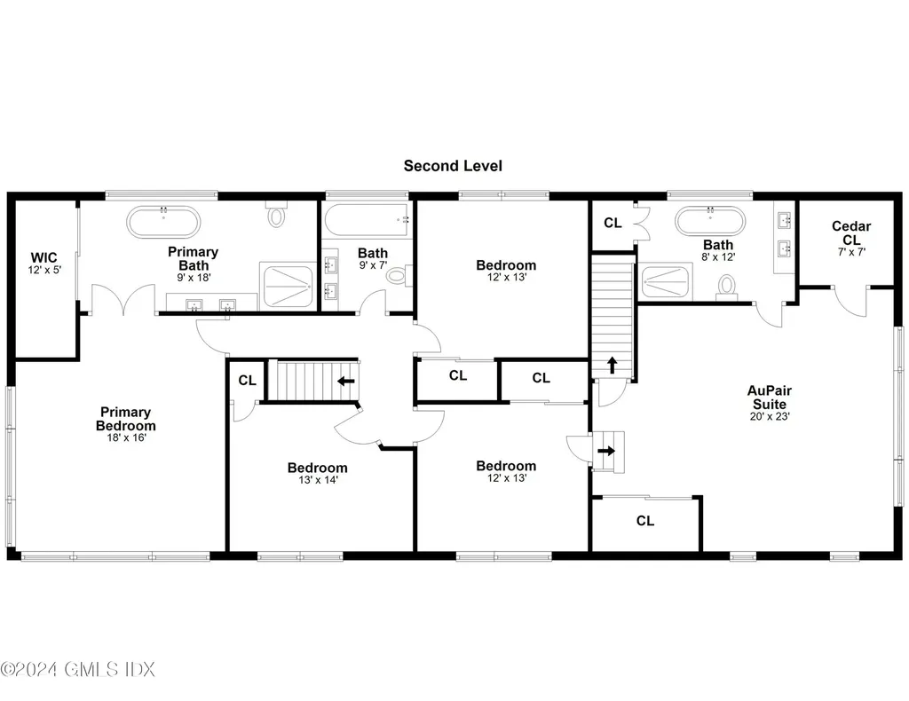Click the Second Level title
click(453, 166)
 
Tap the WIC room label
click(43, 258)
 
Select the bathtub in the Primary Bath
click(164, 221)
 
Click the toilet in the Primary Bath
click(278, 215)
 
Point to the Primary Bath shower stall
click(286, 286)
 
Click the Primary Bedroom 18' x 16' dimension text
click(125, 437)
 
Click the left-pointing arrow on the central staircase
click(345, 382)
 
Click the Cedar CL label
click(850, 232)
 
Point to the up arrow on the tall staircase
click(613, 365)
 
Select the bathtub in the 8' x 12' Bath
click(708, 222)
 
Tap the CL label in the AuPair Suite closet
click(645, 521)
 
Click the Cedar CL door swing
click(850, 302)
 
